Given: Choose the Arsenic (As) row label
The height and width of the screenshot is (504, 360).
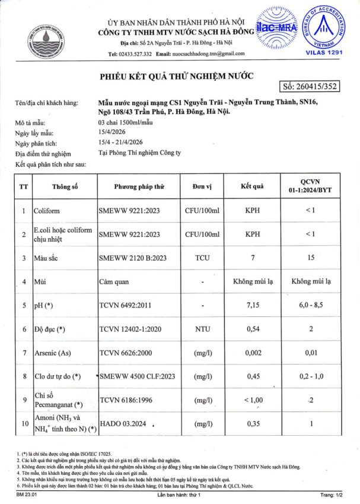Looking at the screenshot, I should click(x=53, y=353).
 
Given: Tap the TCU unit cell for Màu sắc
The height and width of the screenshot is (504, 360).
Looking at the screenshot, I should click(x=202, y=258).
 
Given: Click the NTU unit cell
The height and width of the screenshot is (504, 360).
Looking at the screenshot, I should click(x=202, y=329).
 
